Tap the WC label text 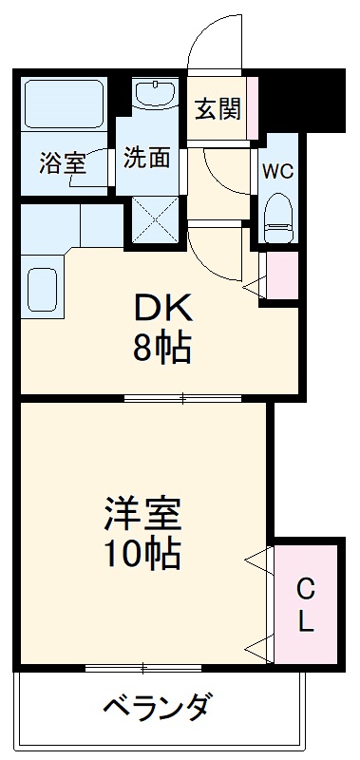tap(276, 172)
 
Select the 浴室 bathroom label tap(63, 162)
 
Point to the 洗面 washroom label tap(147, 157)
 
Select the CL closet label tap(305, 604)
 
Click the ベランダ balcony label tap(157, 709)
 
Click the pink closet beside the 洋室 tap(306, 604)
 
